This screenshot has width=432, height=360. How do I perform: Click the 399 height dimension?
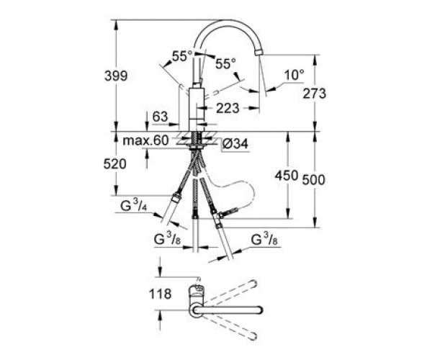tap(116, 76)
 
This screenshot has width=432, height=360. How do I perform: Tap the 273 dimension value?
tap(315, 94)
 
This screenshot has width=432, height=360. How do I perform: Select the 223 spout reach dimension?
tap(228, 108)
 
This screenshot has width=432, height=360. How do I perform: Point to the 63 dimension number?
tap(160, 117)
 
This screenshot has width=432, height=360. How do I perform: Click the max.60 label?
tap(145, 140)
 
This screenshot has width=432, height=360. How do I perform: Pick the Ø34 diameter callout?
tap(235, 144)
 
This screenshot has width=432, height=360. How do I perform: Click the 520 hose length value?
tap(115, 164)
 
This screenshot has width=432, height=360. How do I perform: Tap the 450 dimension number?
tap(287, 176)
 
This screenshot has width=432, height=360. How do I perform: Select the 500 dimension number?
tap(313, 180)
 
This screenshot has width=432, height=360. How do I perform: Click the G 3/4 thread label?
tap(133, 205)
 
